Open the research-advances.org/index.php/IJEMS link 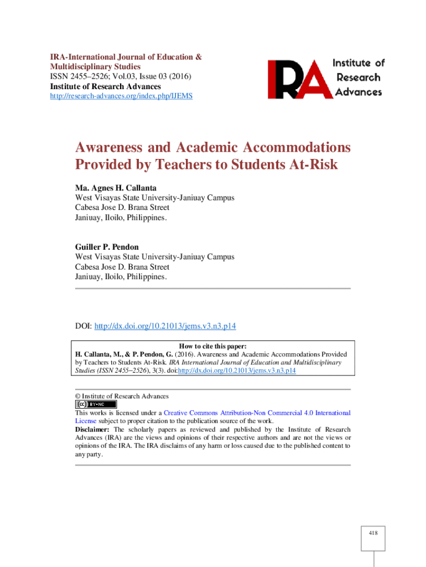click(121, 96)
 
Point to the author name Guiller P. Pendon click(107, 247)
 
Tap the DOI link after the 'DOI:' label click(169, 326)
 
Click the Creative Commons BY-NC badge click(96, 404)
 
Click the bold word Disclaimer click(93, 430)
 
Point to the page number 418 click(373, 533)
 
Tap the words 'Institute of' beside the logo click(358, 63)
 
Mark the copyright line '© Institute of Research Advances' click(122, 396)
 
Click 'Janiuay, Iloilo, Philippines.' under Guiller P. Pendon click(121, 277)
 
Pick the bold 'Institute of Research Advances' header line click(106, 86)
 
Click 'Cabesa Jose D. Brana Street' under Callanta click(122, 208)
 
